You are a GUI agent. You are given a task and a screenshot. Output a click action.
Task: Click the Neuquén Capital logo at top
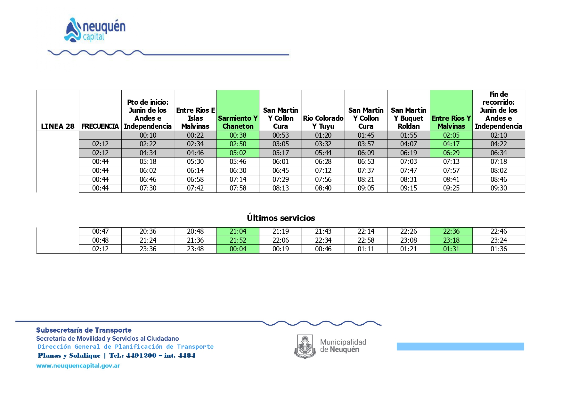(x=95, y=29)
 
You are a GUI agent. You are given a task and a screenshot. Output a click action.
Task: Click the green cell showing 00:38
(x=238, y=135)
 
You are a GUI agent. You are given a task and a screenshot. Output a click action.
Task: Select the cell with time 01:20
(x=323, y=135)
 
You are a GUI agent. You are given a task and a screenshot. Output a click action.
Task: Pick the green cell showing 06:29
(x=451, y=153)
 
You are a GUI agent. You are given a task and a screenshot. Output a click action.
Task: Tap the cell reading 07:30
(x=148, y=188)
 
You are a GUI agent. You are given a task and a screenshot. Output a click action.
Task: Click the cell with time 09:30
(x=499, y=188)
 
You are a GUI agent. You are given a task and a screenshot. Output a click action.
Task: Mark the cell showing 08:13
(x=281, y=188)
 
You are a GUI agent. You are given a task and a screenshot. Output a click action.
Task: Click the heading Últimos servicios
(x=281, y=218)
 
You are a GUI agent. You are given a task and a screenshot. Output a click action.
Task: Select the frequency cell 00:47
(x=100, y=231)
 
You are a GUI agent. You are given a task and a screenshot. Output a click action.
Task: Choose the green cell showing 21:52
(x=238, y=240)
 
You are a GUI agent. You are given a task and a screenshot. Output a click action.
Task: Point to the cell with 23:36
(x=148, y=249)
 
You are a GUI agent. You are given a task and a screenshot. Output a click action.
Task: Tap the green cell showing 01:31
(x=451, y=249)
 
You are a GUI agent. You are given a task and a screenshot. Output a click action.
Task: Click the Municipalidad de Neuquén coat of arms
(x=305, y=346)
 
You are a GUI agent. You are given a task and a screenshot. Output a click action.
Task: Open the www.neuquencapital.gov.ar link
(x=78, y=366)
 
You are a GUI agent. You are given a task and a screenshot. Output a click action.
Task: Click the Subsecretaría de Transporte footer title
(x=84, y=330)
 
